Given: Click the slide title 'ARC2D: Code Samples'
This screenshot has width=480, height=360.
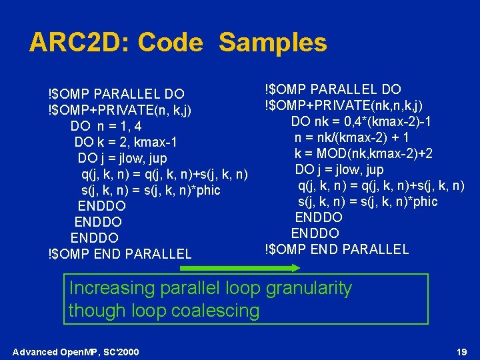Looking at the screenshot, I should point(178,43).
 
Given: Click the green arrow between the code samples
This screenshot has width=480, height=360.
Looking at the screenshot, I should point(241,268).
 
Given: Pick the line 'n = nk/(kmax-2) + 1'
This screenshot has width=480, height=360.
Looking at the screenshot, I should point(351,137).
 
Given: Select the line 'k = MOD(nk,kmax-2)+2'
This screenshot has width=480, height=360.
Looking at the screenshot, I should point(363,153).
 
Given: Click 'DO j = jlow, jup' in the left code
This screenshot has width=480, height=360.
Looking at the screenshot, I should point(122,158).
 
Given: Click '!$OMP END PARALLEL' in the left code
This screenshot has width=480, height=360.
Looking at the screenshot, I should point(120,253).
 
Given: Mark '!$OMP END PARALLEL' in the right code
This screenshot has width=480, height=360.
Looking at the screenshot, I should point(337,249).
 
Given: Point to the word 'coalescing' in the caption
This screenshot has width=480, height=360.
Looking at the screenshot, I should point(218,310).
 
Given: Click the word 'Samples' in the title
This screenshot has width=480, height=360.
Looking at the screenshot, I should point(273,43).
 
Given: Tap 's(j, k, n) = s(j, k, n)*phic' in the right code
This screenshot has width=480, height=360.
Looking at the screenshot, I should point(367,201).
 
